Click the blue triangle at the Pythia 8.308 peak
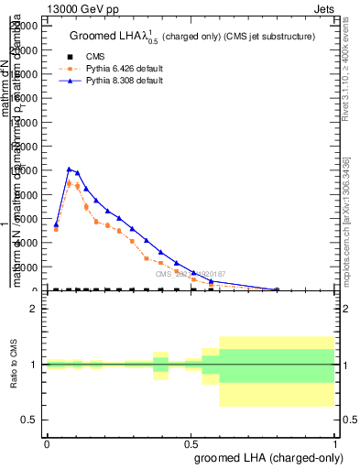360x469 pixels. [69, 169]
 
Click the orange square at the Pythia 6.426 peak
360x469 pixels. [69, 183]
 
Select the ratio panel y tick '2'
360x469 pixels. [34, 309]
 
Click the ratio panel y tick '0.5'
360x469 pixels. [29, 420]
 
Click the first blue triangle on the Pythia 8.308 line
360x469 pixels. [56, 224]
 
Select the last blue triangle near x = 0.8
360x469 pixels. [277, 289]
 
